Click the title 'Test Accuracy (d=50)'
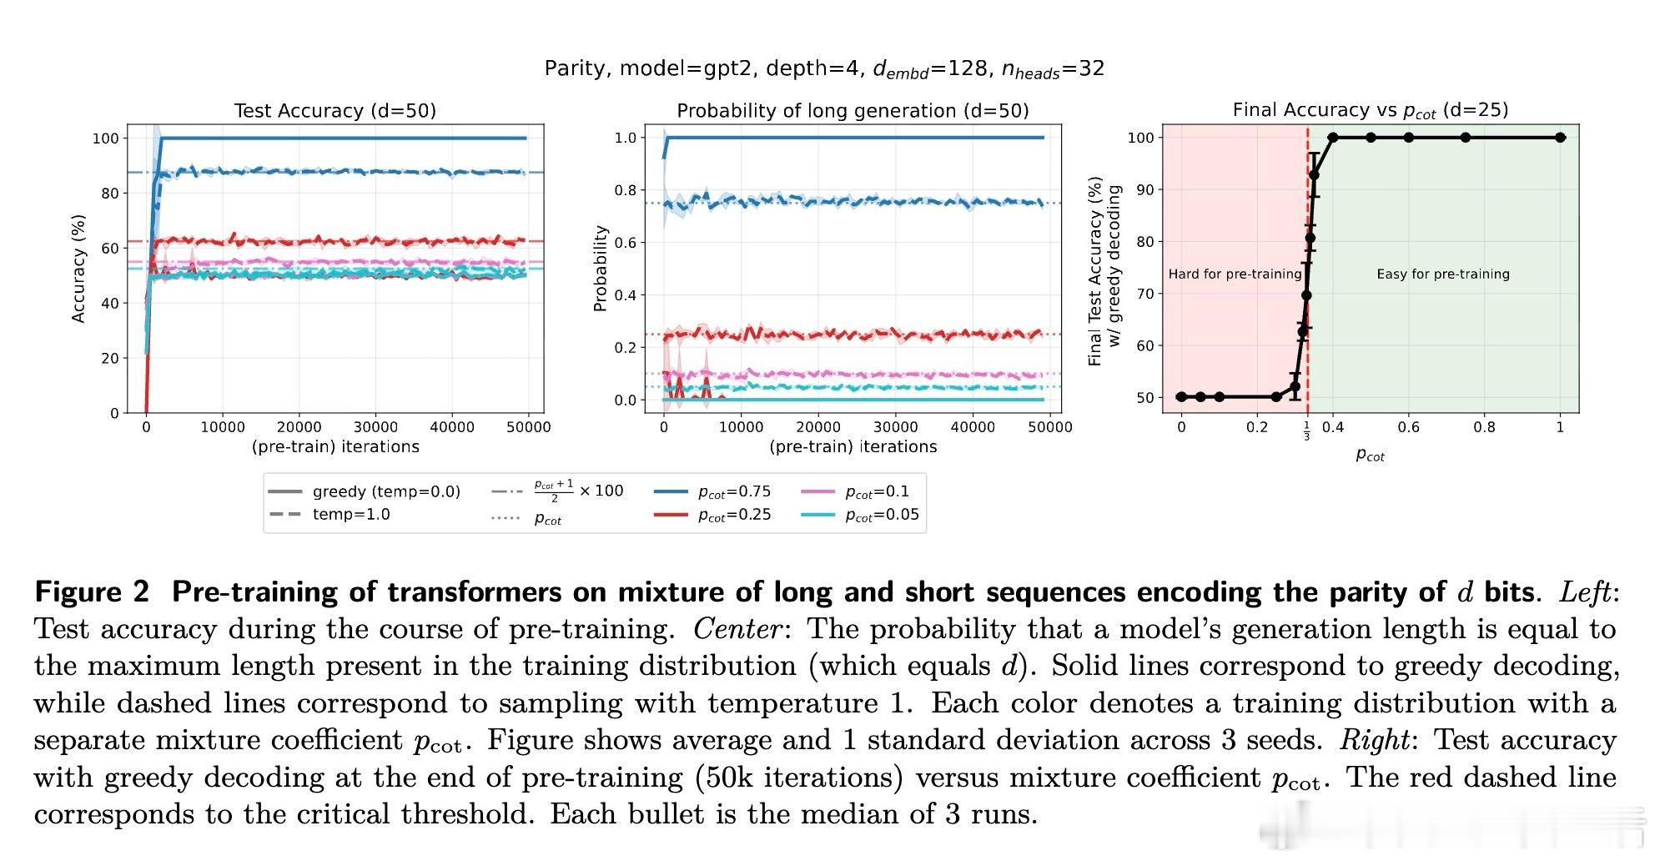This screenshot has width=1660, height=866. pos(335,111)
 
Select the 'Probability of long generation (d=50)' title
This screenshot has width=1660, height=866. pos(853,111)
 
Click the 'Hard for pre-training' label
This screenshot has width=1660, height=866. pos(1235,274)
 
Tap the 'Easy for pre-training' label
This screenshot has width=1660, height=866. pos(1442,274)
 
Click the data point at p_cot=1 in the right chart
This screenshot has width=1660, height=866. pos(1561,138)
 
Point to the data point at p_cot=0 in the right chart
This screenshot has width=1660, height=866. pos(1181,397)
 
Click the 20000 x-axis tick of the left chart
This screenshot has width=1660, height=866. pos(299,427)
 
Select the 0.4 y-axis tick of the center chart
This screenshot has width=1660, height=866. pos(625,295)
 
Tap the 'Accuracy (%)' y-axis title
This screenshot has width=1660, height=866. pos(78,269)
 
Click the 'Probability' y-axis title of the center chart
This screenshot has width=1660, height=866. pos(599,269)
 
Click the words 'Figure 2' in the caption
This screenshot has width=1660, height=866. pos(92,592)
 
